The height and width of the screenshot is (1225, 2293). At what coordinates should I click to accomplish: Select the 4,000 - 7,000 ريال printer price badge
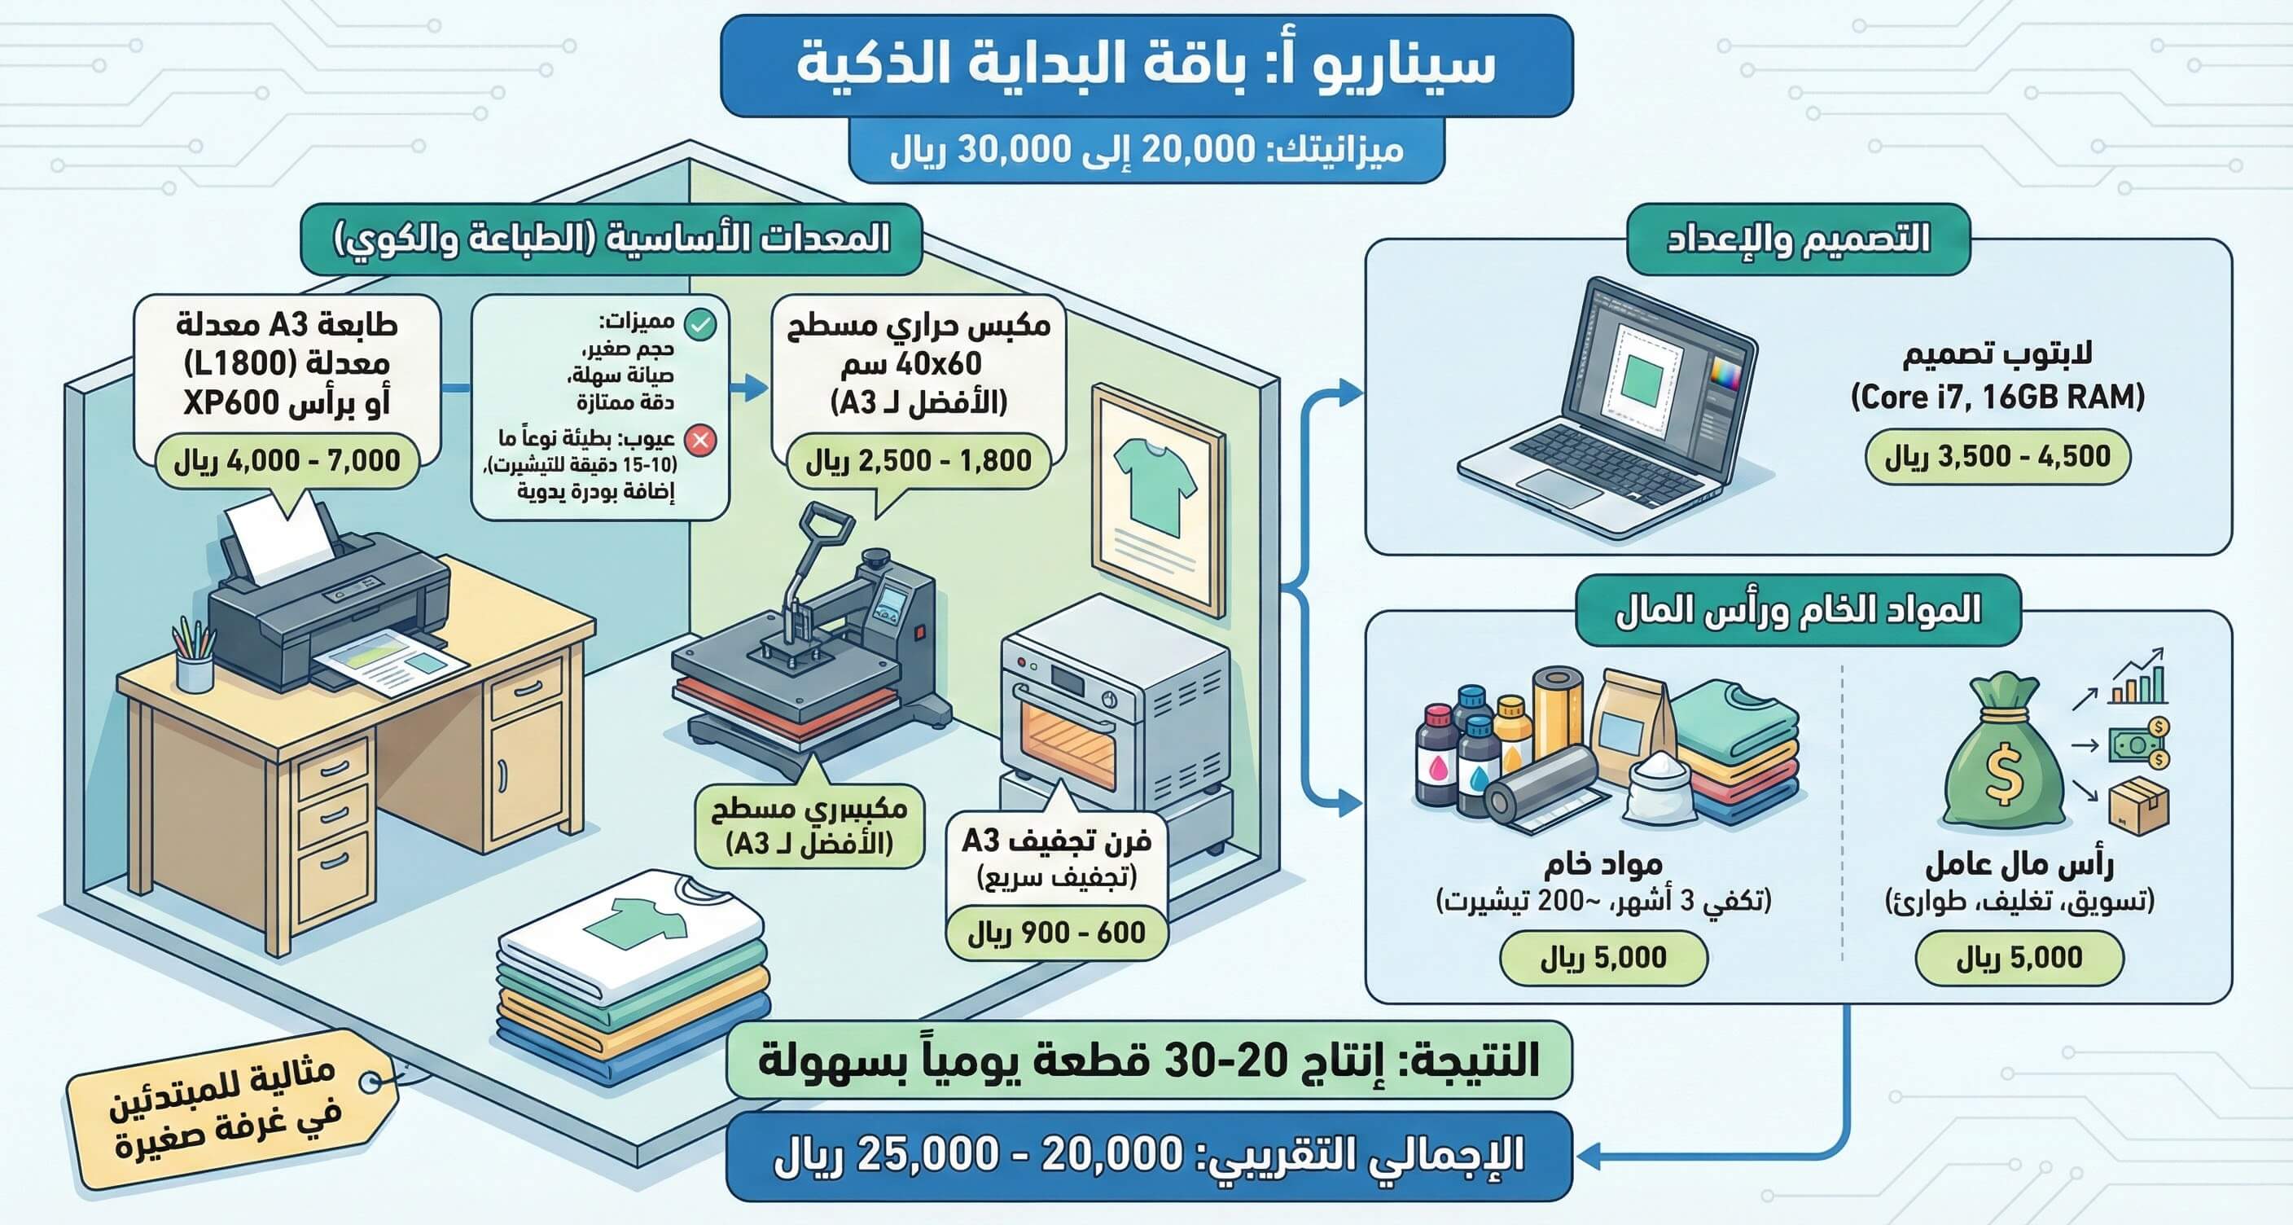click(287, 461)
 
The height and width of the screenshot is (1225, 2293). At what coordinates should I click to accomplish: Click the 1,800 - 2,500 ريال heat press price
click(919, 461)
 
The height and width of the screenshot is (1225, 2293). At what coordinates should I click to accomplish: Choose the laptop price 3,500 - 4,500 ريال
click(1997, 457)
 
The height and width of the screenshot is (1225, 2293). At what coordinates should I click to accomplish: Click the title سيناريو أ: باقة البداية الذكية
click(1146, 65)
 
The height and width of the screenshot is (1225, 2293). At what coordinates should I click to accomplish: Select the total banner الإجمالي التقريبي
click(1149, 1156)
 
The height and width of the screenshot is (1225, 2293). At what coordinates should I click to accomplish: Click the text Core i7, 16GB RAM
click(1997, 397)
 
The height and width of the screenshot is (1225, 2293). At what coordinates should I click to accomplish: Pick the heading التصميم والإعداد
click(1798, 239)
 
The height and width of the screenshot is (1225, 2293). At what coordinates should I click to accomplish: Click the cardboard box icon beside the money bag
click(2139, 805)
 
